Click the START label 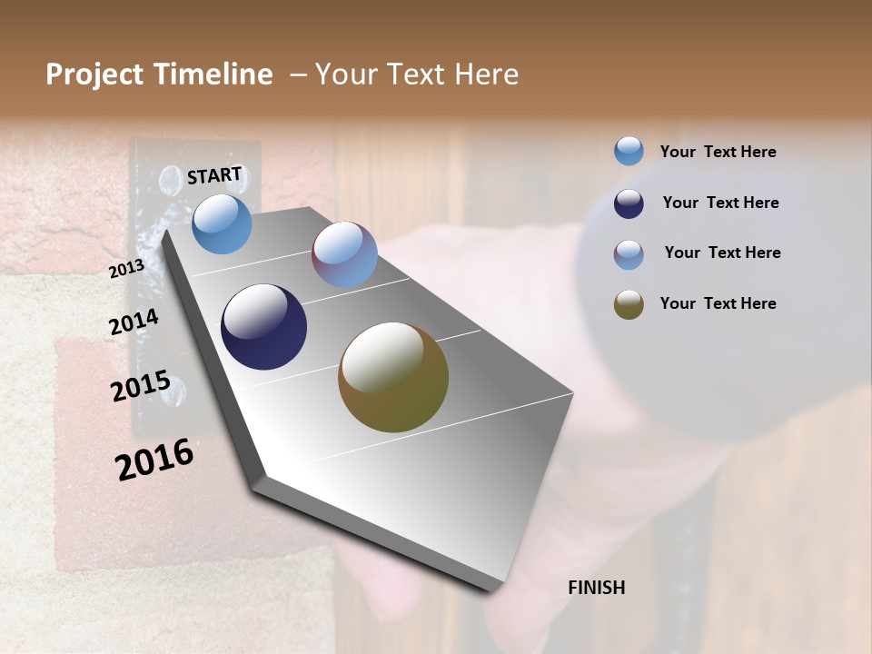point(214,175)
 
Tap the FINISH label point(596,588)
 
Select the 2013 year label point(126,269)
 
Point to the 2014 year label point(134,322)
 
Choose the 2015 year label point(140,387)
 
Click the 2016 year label point(154,460)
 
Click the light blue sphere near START point(222,223)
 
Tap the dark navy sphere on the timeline point(263,327)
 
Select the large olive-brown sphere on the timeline point(393,377)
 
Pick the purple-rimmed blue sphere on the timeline point(344,254)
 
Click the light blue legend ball point(629,151)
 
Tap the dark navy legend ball point(629,203)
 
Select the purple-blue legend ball point(629,254)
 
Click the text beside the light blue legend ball point(718,153)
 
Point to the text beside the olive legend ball point(718,303)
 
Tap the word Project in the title point(94,74)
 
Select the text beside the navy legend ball point(720,203)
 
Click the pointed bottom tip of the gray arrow point(490,590)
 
